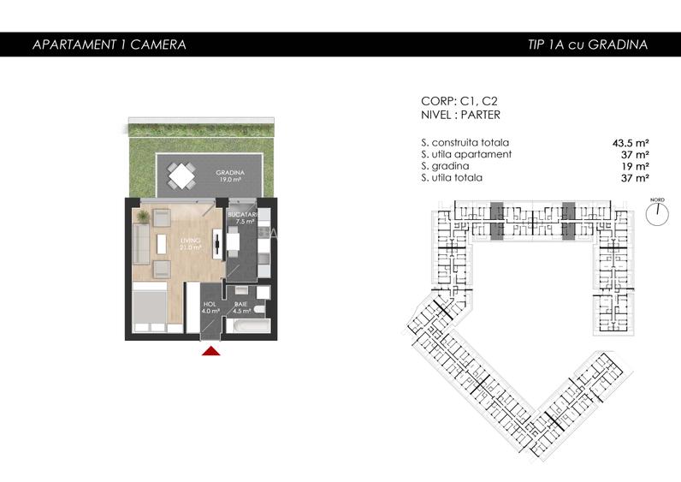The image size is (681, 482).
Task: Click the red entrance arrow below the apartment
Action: [210, 349]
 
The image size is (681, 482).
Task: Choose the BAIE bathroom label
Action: [240, 307]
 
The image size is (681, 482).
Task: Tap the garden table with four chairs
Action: [183, 176]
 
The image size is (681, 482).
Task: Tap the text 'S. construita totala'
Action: [465, 143]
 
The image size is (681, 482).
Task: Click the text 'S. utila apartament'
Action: [466, 154]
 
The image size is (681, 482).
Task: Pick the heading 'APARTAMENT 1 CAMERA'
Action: [109, 45]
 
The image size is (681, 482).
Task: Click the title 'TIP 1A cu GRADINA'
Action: [587, 45]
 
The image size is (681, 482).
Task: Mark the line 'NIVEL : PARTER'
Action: [461, 115]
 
